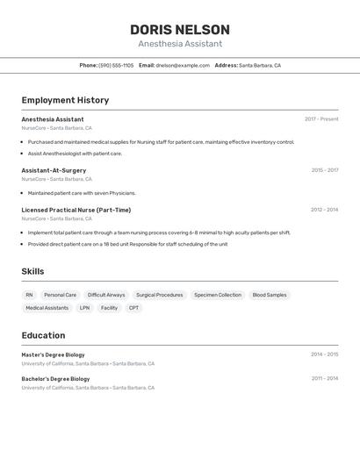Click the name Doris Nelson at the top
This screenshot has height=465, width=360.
click(180, 30)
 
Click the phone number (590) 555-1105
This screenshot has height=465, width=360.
click(116, 66)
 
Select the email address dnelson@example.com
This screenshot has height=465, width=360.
click(183, 66)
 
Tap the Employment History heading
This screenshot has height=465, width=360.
click(65, 100)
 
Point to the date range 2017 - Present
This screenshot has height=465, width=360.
click(321, 119)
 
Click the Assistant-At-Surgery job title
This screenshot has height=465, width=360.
click(54, 170)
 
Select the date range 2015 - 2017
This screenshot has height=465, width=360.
click(324, 170)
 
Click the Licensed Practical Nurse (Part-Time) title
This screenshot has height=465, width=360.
click(76, 210)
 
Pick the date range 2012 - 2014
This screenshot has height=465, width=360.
click(324, 210)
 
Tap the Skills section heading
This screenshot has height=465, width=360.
click(32, 271)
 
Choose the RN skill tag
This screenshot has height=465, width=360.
click(29, 296)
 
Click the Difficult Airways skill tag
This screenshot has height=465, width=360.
click(106, 296)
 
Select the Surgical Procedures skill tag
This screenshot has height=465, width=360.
click(160, 296)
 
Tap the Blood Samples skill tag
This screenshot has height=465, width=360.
click(270, 296)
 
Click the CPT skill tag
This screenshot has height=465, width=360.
click(133, 308)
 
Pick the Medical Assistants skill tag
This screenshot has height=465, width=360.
click(47, 308)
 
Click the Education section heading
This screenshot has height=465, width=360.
click(43, 335)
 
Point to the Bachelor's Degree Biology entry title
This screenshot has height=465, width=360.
click(55, 379)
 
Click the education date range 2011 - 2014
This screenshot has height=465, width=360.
click(324, 379)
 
